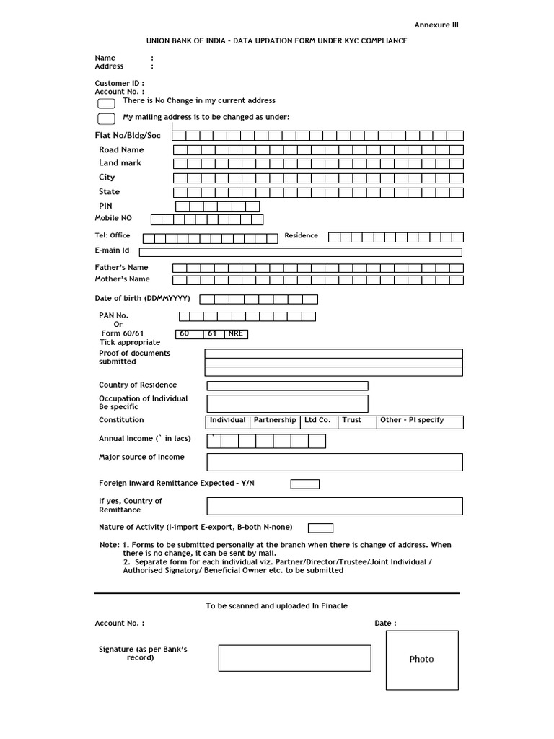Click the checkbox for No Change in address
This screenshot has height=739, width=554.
[x=106, y=103]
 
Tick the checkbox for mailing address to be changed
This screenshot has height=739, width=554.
[x=106, y=119]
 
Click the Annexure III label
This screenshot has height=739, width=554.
[x=436, y=25]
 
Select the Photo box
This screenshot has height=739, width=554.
[x=422, y=660]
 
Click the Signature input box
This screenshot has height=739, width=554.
[x=294, y=658]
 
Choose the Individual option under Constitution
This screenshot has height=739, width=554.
[x=228, y=421]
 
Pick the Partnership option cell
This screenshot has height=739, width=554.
[x=275, y=421]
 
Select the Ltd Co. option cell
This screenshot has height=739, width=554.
[x=317, y=421]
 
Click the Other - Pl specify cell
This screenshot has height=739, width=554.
[x=420, y=421]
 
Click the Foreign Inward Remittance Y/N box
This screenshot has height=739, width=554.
[x=304, y=484]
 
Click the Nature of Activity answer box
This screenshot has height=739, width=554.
[x=320, y=528]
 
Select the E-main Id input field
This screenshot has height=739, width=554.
[x=300, y=252]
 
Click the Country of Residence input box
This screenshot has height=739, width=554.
[x=287, y=385]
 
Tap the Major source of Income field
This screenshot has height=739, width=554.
[x=334, y=462]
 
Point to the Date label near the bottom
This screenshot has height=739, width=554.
[x=384, y=623]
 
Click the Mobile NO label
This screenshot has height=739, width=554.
[x=113, y=218]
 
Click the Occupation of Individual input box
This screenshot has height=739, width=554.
[x=287, y=403]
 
